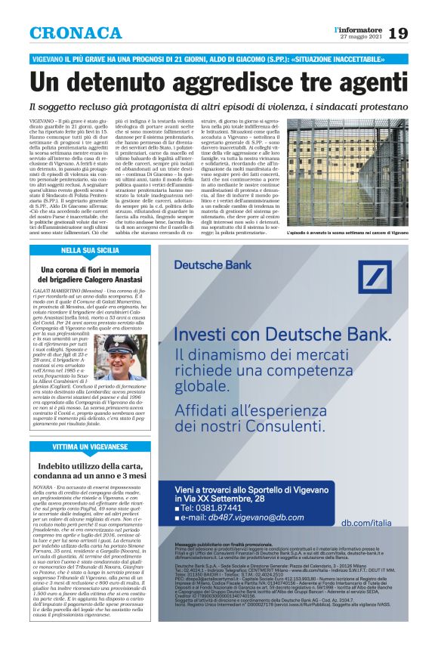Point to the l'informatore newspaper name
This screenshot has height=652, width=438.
pos(358,29)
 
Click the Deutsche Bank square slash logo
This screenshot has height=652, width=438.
pos(392,266)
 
